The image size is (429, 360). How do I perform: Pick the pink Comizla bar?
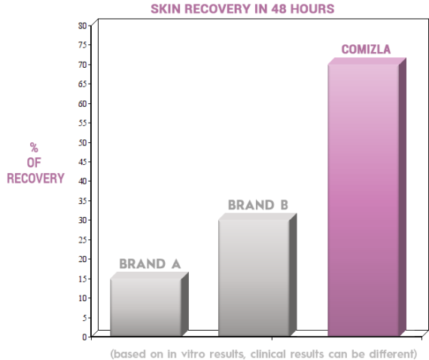point(363,200)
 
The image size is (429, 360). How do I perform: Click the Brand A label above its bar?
point(150,264)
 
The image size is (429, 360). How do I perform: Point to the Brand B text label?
point(258,205)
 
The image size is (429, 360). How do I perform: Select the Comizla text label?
point(367,50)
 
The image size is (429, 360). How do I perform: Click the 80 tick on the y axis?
point(83,26)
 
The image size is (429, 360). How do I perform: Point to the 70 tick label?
point(83,65)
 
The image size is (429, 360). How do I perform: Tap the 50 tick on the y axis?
point(83,142)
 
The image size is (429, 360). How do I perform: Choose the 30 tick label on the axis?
point(83,220)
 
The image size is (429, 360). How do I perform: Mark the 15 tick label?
point(83,279)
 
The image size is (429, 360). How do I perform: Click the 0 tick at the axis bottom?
point(85,337)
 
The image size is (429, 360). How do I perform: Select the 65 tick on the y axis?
point(83,84)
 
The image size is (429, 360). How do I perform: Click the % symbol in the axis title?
point(34,147)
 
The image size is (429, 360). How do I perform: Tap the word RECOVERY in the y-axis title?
point(35,178)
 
